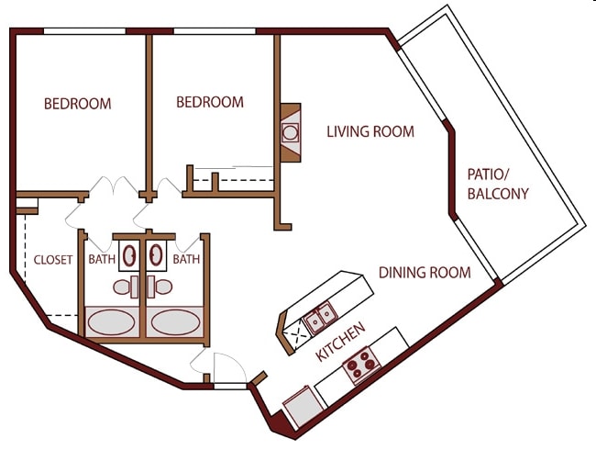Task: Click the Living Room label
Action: (x=370, y=131)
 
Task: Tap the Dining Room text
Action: (x=425, y=273)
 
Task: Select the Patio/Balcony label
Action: (x=498, y=185)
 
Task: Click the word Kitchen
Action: (x=341, y=342)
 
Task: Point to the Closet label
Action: (x=53, y=260)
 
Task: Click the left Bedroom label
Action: (x=78, y=104)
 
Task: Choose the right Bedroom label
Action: (x=210, y=102)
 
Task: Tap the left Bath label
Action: (x=102, y=259)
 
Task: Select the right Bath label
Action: (x=186, y=259)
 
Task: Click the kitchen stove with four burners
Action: (x=361, y=366)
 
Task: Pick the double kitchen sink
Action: (x=320, y=318)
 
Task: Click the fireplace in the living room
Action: (x=291, y=132)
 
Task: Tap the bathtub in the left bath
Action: (x=111, y=322)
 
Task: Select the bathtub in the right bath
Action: (x=175, y=322)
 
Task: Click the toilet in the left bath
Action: (x=126, y=287)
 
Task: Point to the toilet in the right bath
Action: (x=160, y=287)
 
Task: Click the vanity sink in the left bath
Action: (x=129, y=255)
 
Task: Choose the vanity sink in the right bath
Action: (x=156, y=255)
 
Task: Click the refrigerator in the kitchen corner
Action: (x=304, y=407)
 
